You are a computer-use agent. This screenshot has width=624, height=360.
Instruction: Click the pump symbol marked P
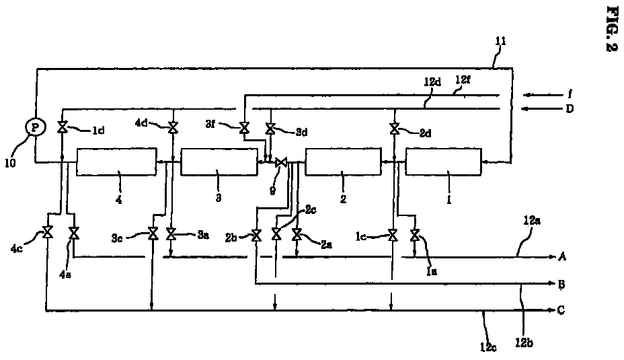36,127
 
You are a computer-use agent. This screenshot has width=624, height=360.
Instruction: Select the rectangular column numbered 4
116,161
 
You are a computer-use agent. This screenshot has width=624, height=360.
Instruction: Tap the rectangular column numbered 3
219,162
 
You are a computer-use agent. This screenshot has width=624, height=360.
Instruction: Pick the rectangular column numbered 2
342,162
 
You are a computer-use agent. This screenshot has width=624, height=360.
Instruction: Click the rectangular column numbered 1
443,161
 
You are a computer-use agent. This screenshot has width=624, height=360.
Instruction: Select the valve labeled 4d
173,128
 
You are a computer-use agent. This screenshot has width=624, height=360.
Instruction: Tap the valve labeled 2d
395,129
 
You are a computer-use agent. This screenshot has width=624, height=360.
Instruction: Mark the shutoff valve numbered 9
281,162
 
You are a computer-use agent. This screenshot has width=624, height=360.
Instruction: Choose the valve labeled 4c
48,233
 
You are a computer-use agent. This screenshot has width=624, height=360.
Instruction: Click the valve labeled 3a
171,233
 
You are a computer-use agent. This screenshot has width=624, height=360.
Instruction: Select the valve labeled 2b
257,235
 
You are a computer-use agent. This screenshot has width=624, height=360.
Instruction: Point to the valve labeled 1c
393,235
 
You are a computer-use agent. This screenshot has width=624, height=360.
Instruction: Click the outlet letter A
562,256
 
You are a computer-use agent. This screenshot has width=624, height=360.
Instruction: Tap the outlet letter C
561,310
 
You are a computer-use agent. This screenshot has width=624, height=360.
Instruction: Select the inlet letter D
570,109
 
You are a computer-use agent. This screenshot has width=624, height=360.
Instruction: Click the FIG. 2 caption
611,29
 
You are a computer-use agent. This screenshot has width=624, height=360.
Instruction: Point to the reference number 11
500,41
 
